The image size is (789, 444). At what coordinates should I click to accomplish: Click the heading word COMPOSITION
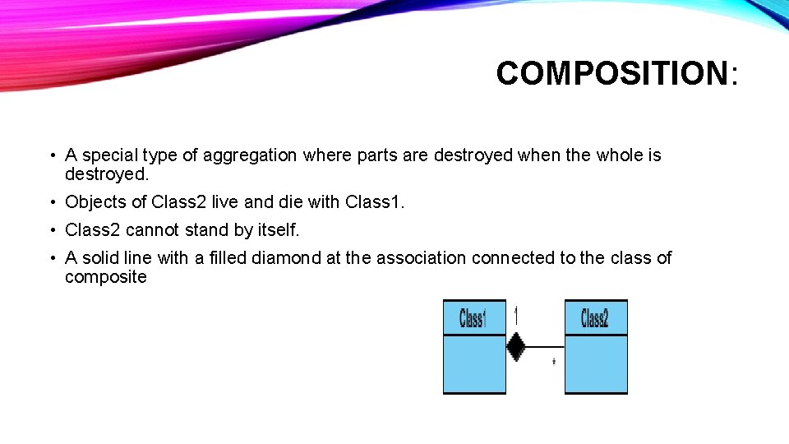[x=611, y=73]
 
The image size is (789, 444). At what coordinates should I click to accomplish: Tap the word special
[x=109, y=155]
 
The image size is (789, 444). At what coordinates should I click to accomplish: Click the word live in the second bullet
[x=225, y=202]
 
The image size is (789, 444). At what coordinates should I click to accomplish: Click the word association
[x=421, y=258]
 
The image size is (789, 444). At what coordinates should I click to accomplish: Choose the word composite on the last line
[x=106, y=277]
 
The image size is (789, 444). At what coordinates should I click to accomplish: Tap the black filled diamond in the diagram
[x=515, y=346]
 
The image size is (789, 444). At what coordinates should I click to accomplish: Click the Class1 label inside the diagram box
[x=473, y=318]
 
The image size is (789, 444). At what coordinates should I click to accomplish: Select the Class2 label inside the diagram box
[x=594, y=318]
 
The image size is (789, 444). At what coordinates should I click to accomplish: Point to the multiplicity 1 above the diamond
[x=516, y=315]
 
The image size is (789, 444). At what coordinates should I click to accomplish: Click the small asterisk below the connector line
[x=553, y=361]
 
